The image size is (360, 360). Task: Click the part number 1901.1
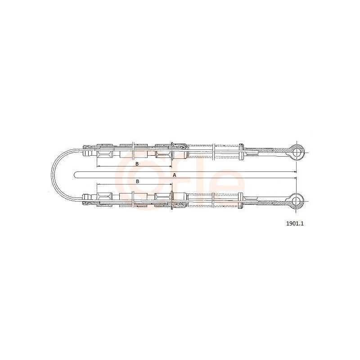295,223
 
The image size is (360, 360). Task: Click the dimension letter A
174,175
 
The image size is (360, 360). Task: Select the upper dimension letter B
137,164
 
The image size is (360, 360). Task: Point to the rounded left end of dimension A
75,175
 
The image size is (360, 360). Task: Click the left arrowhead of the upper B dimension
98,166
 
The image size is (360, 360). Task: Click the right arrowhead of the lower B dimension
171,184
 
